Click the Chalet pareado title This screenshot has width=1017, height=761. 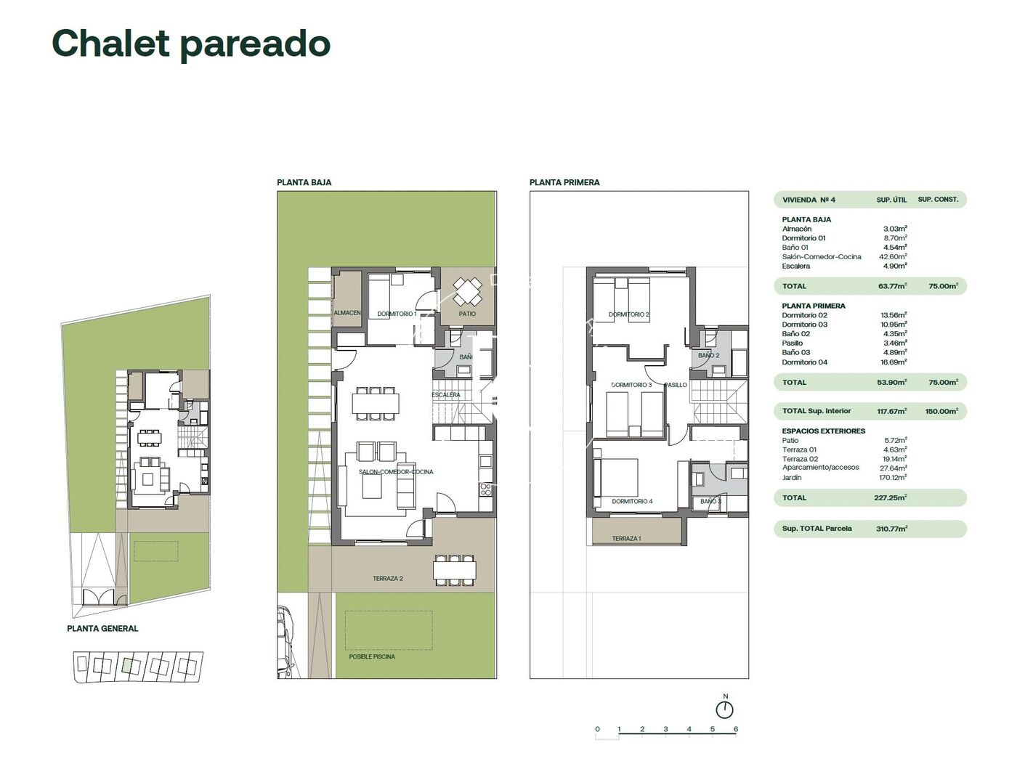191,44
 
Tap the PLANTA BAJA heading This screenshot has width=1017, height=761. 304,182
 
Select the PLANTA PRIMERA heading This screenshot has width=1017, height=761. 564,182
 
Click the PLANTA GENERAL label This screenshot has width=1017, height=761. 102,629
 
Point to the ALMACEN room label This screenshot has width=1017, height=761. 347,313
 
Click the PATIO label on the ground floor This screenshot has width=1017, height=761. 467,314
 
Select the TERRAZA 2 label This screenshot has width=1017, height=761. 387,579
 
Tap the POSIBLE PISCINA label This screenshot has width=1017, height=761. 372,656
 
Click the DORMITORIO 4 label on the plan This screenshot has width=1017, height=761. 632,501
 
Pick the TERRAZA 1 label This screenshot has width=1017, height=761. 626,539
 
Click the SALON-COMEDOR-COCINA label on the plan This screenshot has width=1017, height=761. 396,472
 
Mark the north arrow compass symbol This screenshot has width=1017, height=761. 724,709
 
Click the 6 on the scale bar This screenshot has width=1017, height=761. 736,729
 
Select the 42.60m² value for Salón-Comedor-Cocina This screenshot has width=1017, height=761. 895,256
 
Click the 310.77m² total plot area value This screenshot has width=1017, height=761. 891,529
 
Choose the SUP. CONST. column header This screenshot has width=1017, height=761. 938,200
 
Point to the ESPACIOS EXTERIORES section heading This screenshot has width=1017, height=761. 823,431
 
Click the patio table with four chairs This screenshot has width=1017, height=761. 467,293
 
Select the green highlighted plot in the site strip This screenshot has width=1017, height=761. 129,664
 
